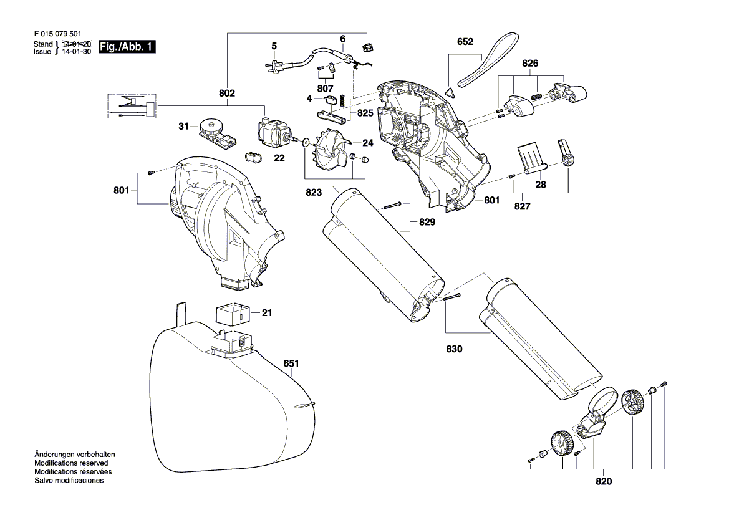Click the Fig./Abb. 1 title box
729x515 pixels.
pos(127,47)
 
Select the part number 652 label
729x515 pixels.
pos(465,42)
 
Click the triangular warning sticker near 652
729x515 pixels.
pos(449,92)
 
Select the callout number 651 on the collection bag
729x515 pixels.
pos(291,363)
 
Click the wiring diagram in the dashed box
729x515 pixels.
pos(132,107)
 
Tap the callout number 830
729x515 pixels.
pos(454,349)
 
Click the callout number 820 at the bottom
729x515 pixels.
pos(604,481)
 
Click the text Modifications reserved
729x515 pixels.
pos(71,463)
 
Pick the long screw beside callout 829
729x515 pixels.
pos(393,207)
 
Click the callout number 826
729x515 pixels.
pos(530,63)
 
